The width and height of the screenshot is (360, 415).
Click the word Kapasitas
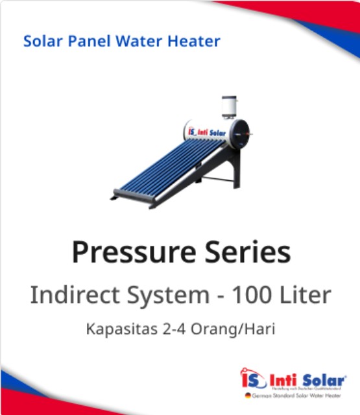coord(119,329)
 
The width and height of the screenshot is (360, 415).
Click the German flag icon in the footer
coord(248,395)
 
